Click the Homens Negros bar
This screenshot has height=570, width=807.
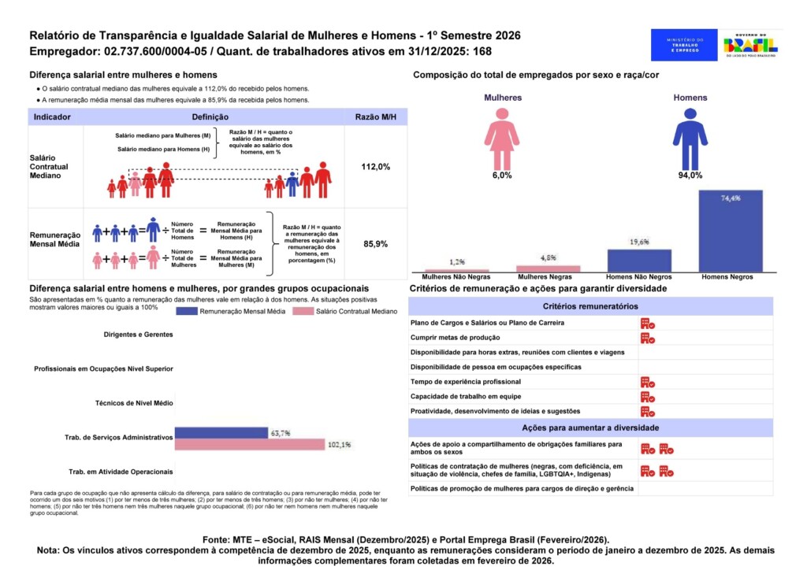click(731, 231)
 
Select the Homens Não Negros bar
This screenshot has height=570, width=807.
click(639, 261)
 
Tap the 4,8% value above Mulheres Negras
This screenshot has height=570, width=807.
click(548, 257)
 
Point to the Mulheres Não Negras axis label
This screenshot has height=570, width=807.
click(456, 277)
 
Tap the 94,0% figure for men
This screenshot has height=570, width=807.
click(690, 176)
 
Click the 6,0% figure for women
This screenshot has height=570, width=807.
click(501, 176)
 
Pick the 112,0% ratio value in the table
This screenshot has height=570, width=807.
click(375, 167)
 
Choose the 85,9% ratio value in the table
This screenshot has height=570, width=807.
click(375, 244)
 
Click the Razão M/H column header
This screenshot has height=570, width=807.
click(375, 117)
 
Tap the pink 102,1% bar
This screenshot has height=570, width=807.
click(249, 445)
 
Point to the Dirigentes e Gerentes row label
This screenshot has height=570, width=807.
click(138, 335)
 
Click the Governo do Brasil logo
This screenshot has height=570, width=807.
click(755, 44)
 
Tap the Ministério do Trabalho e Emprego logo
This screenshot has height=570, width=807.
click(684, 45)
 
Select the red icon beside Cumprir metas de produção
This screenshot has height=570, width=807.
click(648, 338)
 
